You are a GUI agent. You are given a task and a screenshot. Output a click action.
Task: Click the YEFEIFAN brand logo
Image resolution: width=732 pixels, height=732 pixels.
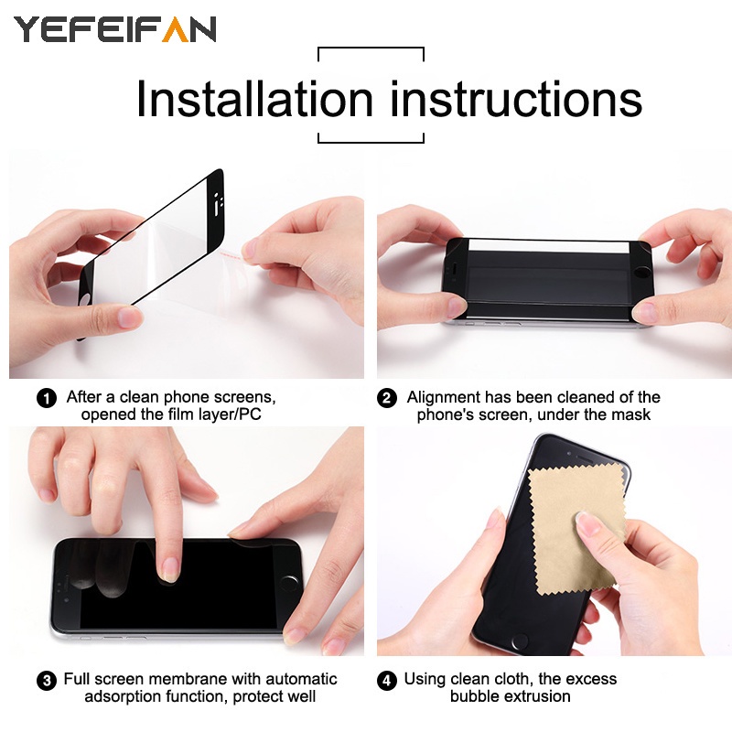(x=114, y=29)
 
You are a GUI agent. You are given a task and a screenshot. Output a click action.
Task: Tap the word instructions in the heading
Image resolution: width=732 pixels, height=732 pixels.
(x=516, y=99)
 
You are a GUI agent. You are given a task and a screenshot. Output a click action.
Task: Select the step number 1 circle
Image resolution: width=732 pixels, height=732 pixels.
(x=46, y=398)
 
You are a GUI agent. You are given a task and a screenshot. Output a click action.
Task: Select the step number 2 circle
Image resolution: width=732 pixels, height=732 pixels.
(x=388, y=398)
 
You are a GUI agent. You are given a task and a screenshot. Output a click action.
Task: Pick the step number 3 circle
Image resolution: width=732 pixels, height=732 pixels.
(x=46, y=680)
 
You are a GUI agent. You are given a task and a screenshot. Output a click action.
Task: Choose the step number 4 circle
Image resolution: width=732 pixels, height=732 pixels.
(x=388, y=680)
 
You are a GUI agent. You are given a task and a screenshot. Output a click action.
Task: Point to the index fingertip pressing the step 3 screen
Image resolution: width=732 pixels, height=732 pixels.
(x=169, y=571)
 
